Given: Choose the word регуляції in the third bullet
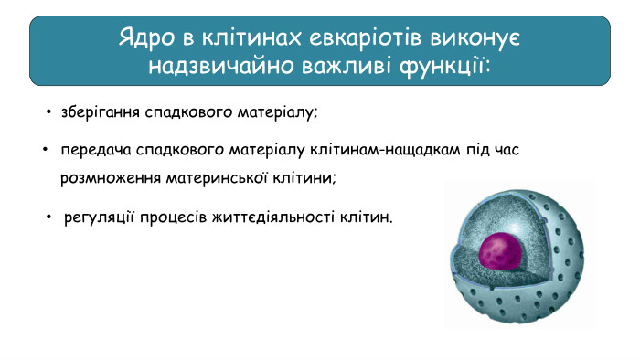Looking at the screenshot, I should point(100,219).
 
